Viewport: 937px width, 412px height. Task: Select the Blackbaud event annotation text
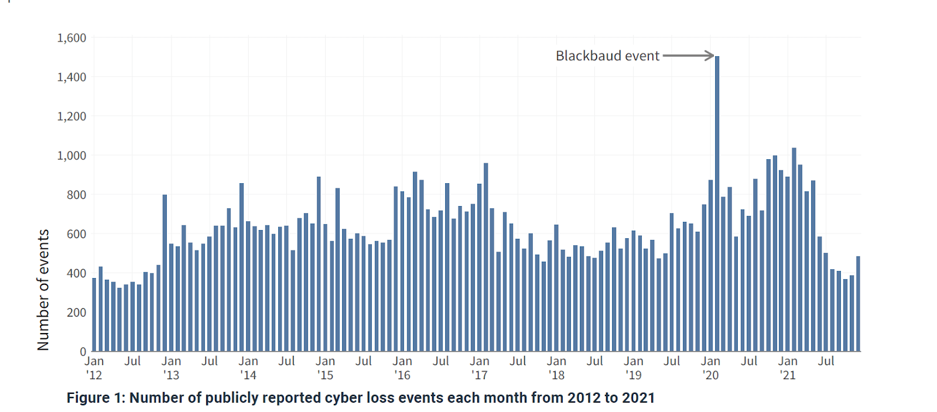click(x=607, y=56)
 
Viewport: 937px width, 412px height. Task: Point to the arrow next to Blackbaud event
click(x=689, y=56)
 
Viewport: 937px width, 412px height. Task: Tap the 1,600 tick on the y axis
click(x=71, y=38)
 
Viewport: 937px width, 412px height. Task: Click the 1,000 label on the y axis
click(x=71, y=156)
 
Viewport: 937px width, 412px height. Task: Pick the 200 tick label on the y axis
click(x=76, y=313)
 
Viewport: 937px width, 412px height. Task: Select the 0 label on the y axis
click(x=83, y=352)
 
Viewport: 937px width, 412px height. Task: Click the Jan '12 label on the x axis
click(x=94, y=368)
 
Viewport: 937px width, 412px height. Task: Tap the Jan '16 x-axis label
click(x=402, y=368)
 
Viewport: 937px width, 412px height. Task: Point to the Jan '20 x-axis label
click(x=710, y=368)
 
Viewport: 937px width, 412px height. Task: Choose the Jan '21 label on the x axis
click(x=788, y=368)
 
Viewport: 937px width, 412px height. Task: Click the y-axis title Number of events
click(x=43, y=290)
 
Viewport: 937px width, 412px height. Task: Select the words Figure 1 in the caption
click(x=95, y=398)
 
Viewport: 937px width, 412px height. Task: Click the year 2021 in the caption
click(x=639, y=398)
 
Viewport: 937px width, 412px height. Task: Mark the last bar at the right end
click(x=858, y=304)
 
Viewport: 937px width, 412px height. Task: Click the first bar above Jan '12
click(x=94, y=315)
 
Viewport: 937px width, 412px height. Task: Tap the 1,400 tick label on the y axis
click(x=71, y=77)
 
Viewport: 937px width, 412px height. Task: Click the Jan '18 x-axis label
click(x=556, y=368)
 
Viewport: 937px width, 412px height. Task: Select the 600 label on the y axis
click(x=76, y=234)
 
